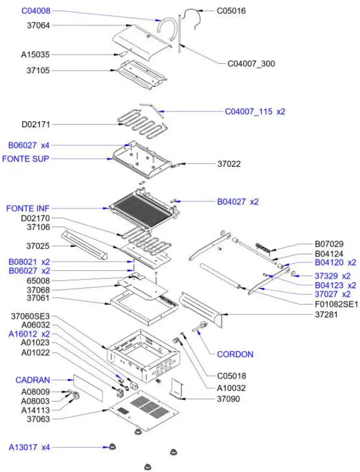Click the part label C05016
click(231, 11)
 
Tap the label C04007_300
click(251, 64)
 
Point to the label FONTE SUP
click(26, 159)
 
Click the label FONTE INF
click(25, 208)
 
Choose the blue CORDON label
click(235, 355)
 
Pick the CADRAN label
click(33, 380)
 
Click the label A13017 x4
click(30, 447)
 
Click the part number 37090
click(228, 399)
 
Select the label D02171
click(36, 124)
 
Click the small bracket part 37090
click(177, 388)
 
